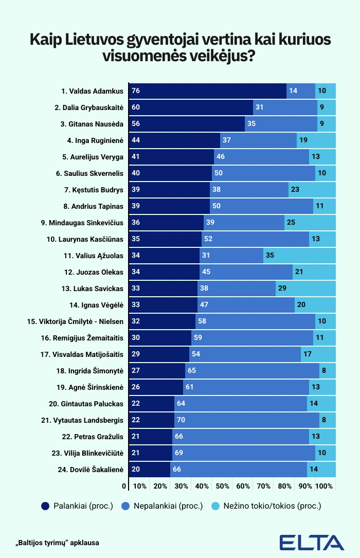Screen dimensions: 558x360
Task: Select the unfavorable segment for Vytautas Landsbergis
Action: tap(247, 420)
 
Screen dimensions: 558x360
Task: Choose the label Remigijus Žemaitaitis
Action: tap(88, 338)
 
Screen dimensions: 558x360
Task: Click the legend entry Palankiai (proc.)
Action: tap(77, 506)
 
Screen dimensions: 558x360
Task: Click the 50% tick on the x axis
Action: tap(223, 487)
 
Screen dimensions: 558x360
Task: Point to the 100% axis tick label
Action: tap(324, 487)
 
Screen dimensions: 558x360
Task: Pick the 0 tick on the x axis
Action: tap(124, 487)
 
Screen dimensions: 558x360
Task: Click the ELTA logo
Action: tap(312, 543)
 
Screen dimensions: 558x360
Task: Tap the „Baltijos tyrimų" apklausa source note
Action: tap(57, 542)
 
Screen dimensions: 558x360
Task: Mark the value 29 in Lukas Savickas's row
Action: tap(282, 289)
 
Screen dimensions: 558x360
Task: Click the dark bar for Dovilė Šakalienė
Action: tap(149, 470)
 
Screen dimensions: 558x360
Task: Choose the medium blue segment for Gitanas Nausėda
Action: tap(281, 124)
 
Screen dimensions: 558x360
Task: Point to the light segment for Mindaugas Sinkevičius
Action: tap(310, 223)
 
